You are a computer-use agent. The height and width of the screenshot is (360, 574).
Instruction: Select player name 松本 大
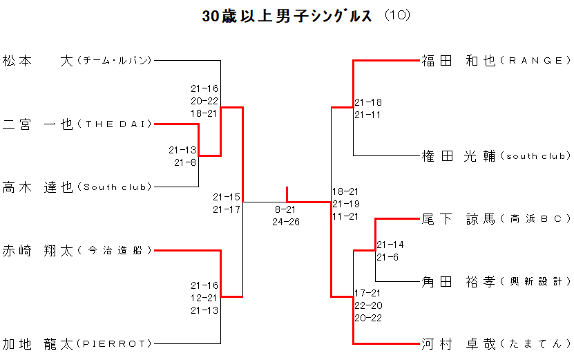pyautogui.click(x=37, y=61)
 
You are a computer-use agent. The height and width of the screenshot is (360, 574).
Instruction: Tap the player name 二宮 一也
pyautogui.click(x=37, y=124)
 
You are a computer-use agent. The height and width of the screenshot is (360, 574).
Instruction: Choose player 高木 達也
pyautogui.click(x=37, y=187)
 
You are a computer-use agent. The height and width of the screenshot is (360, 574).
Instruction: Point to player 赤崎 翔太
pyautogui.click(x=37, y=250)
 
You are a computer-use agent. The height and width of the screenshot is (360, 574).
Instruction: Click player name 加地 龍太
pyautogui.click(x=37, y=343)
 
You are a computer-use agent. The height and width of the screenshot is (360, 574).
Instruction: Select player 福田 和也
pyautogui.click(x=459, y=61)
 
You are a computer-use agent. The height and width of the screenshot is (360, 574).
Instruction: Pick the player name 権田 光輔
pyautogui.click(x=459, y=156)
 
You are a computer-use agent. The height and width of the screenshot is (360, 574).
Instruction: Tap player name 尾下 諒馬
pyautogui.click(x=459, y=219)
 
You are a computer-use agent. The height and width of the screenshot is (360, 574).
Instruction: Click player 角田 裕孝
pyautogui.click(x=459, y=281)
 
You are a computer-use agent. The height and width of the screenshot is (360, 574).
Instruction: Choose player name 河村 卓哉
pyautogui.click(x=459, y=343)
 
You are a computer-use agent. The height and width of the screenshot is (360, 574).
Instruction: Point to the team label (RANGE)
pyautogui.click(x=535, y=61)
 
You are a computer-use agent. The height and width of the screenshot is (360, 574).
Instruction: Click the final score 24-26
pyautogui.click(x=285, y=222)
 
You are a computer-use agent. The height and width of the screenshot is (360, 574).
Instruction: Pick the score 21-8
pyautogui.click(x=184, y=162)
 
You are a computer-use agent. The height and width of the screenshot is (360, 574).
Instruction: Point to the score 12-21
pyautogui.click(x=204, y=298)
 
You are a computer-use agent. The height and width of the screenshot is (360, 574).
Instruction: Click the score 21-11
pyautogui.click(x=367, y=115)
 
